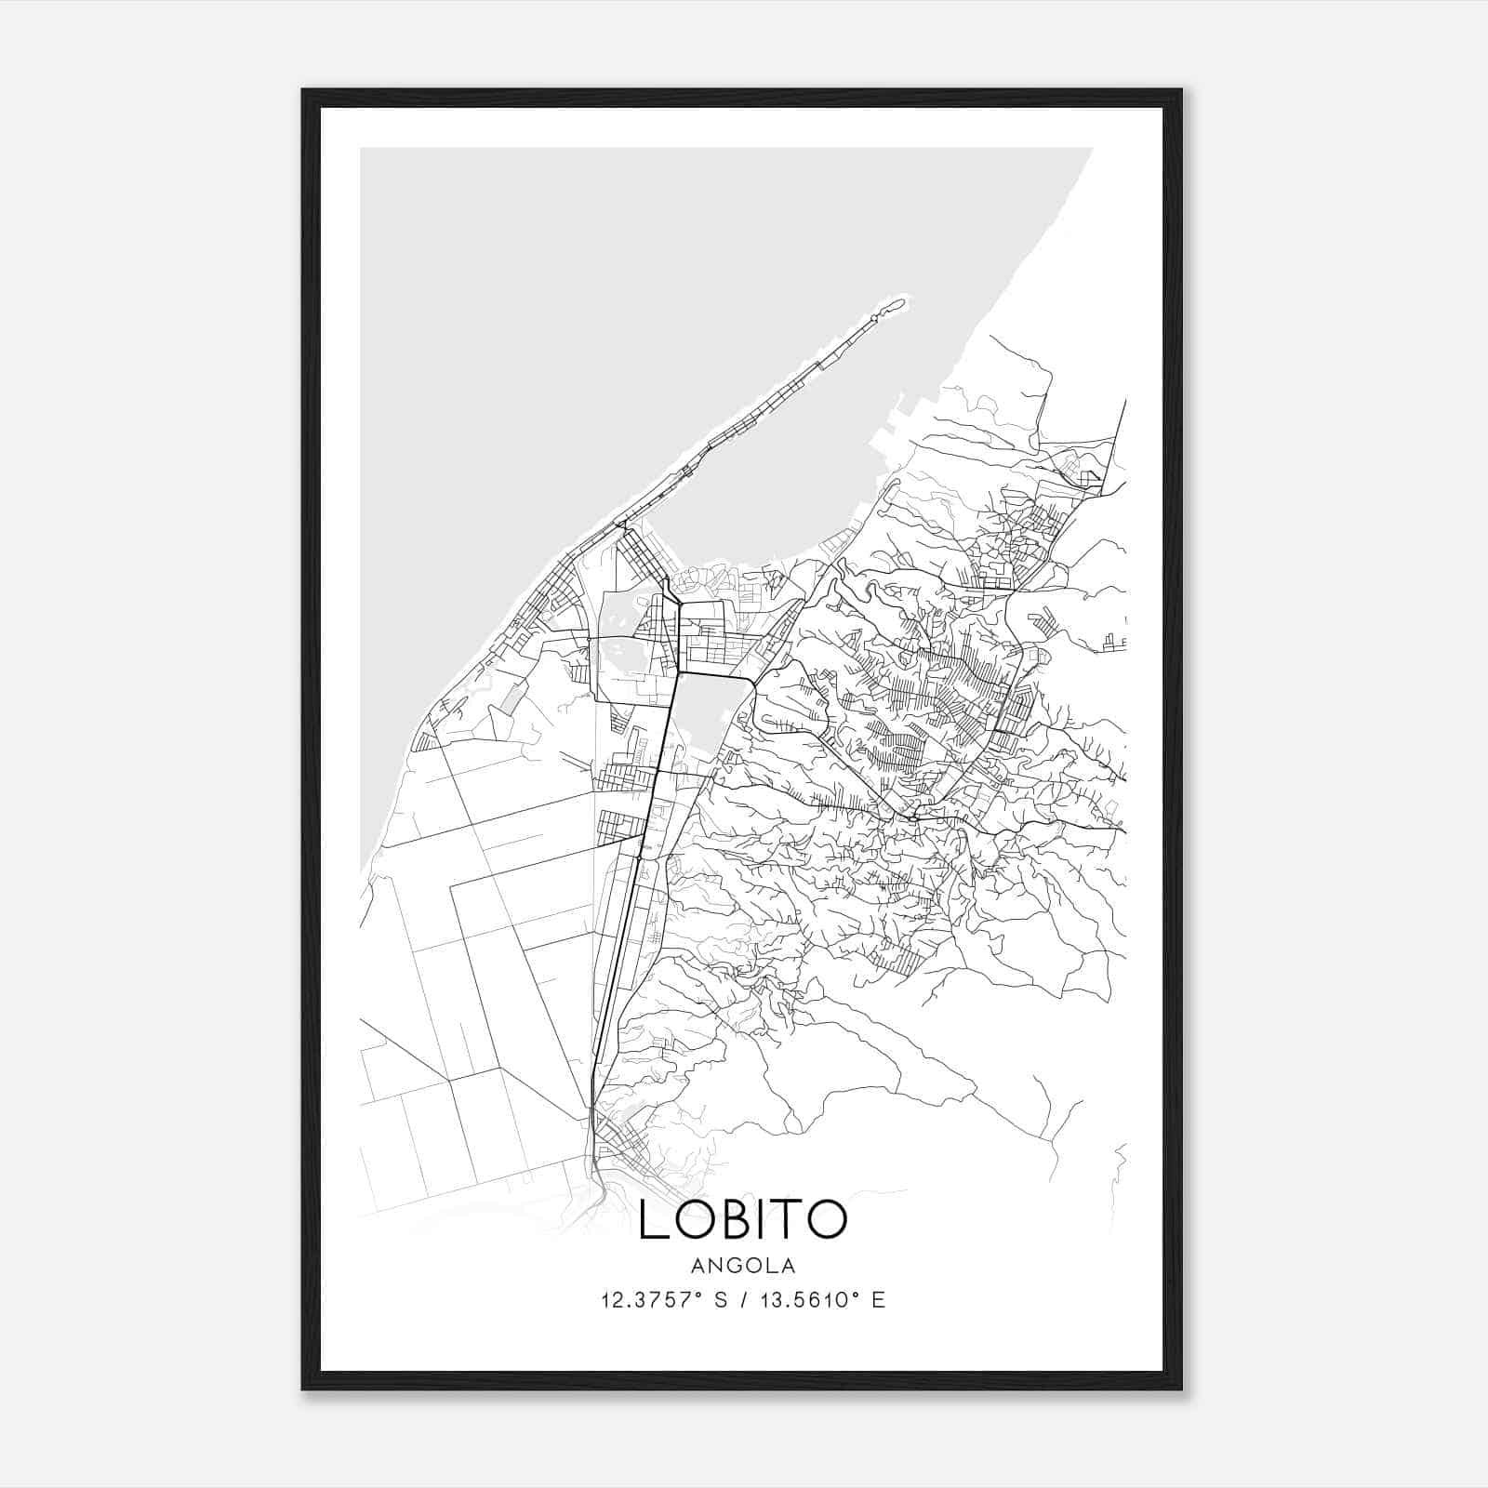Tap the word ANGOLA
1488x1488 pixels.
click(743, 1266)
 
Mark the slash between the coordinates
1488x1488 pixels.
click(744, 1300)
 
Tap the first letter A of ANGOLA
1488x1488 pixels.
click(697, 1266)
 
